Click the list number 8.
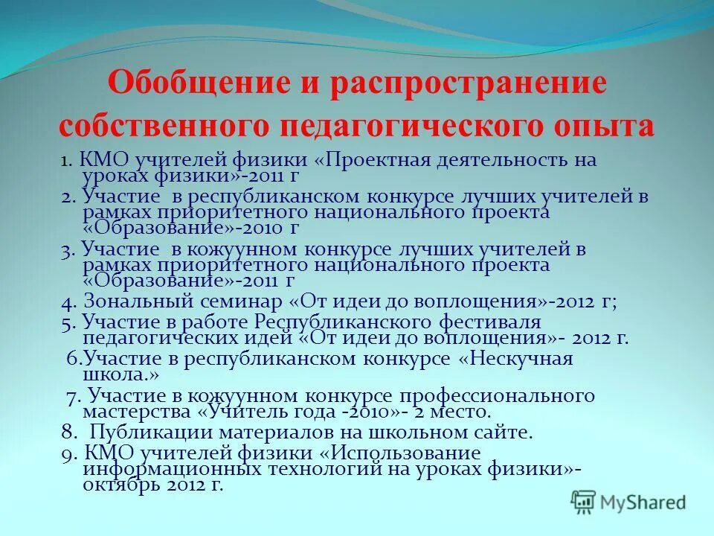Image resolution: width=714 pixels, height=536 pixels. click(x=67, y=432)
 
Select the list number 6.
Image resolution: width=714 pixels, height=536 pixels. click(x=72, y=359)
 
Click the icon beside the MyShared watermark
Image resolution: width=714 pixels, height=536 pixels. click(x=585, y=501)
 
